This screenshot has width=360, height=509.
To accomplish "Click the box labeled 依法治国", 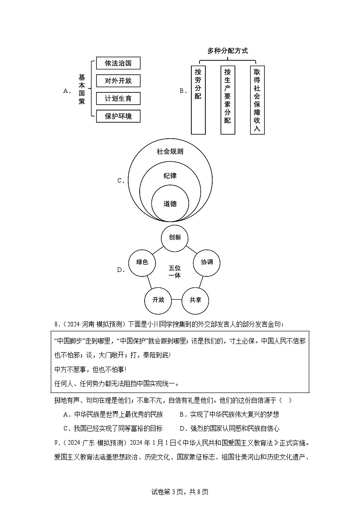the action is pyautogui.click(x=118, y=63).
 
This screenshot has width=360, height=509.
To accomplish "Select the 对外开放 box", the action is pyautogui.click(x=118, y=81).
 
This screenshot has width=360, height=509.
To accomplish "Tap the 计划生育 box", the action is pyautogui.click(x=118, y=98).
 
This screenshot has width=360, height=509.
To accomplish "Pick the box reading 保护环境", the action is pyautogui.click(x=118, y=116).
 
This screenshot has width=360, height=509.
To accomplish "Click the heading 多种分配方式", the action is pyautogui.click(x=228, y=51).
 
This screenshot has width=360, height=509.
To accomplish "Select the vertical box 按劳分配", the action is pyautogui.click(x=198, y=100).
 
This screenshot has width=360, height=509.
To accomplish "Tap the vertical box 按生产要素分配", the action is pyautogui.click(x=228, y=100).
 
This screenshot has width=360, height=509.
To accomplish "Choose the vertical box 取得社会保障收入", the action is pyautogui.click(x=257, y=100).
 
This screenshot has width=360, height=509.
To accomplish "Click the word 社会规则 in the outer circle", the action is pyautogui.click(x=170, y=151).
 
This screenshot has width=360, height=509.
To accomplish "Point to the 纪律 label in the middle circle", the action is pyautogui.click(x=170, y=175).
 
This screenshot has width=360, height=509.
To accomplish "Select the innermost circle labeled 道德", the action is pyautogui.click(x=170, y=204).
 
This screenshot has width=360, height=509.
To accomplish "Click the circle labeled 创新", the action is pyautogui.click(x=175, y=238).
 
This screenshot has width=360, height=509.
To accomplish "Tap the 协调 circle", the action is pyautogui.click(x=207, y=262).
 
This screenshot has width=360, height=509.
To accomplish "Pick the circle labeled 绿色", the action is pyautogui.click(x=142, y=262).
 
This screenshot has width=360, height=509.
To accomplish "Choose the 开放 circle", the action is pyautogui.click(x=158, y=300).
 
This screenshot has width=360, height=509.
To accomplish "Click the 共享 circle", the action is pyautogui.click(x=195, y=300).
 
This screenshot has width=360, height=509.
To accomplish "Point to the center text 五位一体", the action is pyautogui.click(x=175, y=271).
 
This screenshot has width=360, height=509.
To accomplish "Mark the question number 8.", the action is pyautogui.click(x=57, y=325).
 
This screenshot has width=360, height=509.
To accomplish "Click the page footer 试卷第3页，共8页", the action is pyautogui.click(x=180, y=492).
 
